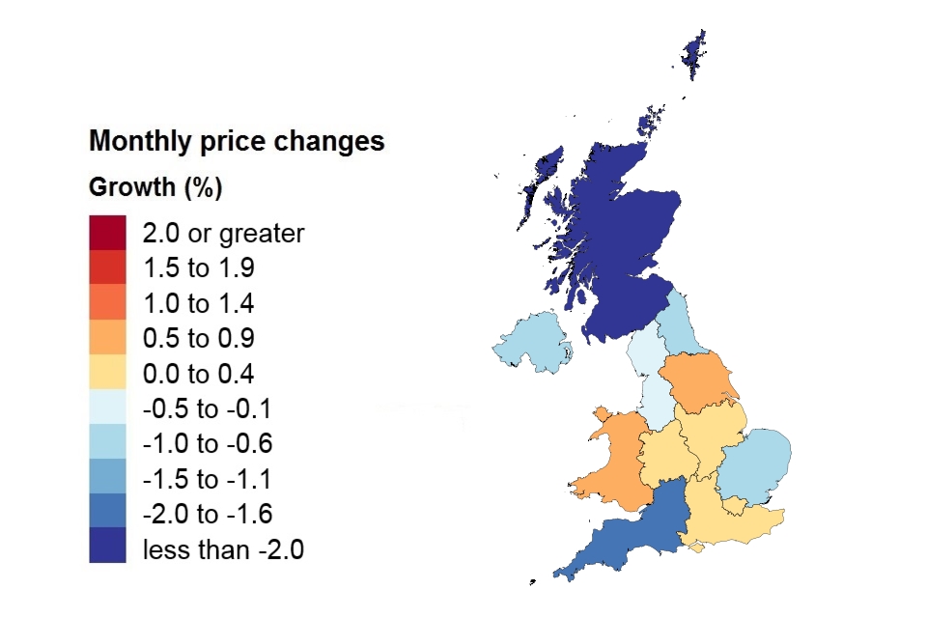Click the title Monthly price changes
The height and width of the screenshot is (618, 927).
click(237, 142)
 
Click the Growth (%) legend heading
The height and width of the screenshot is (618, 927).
click(155, 187)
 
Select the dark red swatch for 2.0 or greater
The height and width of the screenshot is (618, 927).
click(107, 233)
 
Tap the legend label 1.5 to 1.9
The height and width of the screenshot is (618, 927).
click(198, 268)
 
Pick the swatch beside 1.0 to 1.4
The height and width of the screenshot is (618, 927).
click(107, 303)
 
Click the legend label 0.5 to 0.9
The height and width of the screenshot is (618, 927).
click(198, 339)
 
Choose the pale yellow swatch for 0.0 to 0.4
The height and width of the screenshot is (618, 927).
click(107, 374)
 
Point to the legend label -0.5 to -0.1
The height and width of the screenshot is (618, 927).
click(207, 409)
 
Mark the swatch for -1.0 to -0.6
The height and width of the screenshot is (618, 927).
click(107, 444)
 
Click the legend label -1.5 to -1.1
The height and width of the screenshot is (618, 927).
click(207, 480)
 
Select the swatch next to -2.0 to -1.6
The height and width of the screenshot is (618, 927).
click(107, 515)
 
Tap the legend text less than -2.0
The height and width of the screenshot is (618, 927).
click(223, 550)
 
